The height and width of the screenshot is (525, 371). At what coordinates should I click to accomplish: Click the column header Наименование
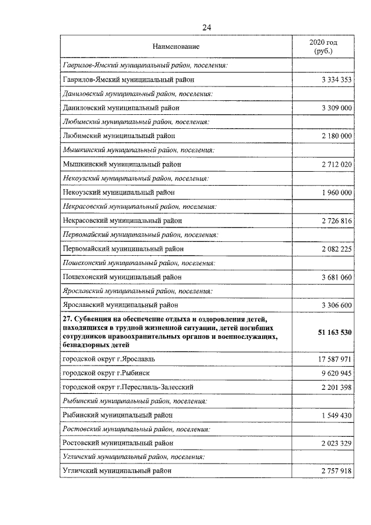click(176, 46)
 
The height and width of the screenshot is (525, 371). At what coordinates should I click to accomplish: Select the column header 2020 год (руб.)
click(323, 46)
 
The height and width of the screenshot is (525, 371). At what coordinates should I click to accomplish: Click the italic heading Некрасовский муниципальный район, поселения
click(139, 206)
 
